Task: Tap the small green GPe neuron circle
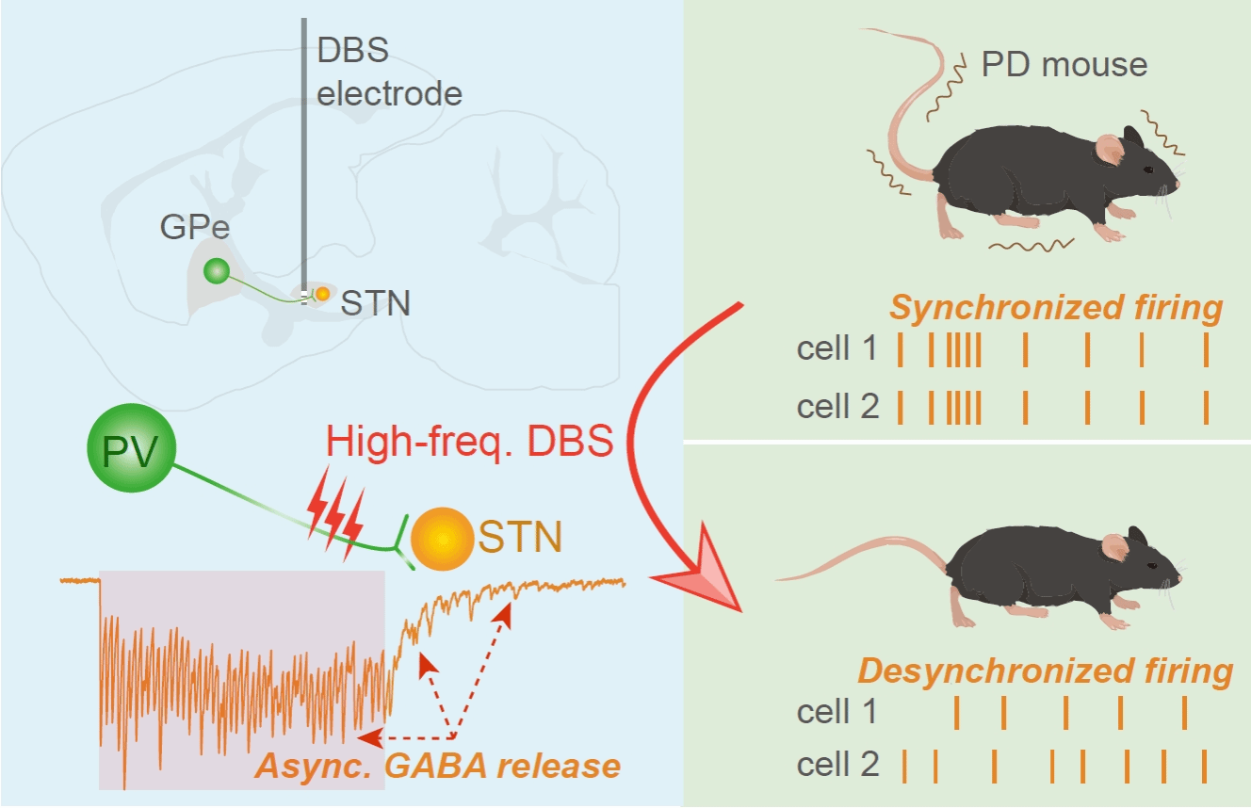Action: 217,271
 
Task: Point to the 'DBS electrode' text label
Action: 388,73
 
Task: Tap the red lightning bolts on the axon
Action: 335,524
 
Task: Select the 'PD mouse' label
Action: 1064,64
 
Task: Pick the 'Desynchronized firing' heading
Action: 1045,671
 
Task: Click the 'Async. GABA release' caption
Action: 437,766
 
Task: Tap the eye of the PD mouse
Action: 1148,170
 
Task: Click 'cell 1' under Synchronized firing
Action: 837,350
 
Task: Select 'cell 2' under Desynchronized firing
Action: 837,765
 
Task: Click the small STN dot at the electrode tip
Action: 322,294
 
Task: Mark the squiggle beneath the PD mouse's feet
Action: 1032,247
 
